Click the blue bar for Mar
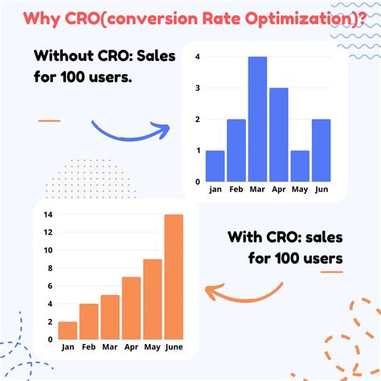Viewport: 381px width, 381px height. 257,119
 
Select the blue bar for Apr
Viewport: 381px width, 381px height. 278,134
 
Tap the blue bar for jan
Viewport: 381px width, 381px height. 215,166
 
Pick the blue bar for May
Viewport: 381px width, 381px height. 299,166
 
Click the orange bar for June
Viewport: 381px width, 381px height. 173,277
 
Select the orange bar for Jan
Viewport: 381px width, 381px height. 68,330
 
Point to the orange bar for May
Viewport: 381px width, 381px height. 152,298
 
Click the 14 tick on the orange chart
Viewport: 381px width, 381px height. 48,215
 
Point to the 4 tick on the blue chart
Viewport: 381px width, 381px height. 198,57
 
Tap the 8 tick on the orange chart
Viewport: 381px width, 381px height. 50,268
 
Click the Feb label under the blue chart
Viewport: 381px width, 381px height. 236,190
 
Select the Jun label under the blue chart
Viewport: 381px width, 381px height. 320,190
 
